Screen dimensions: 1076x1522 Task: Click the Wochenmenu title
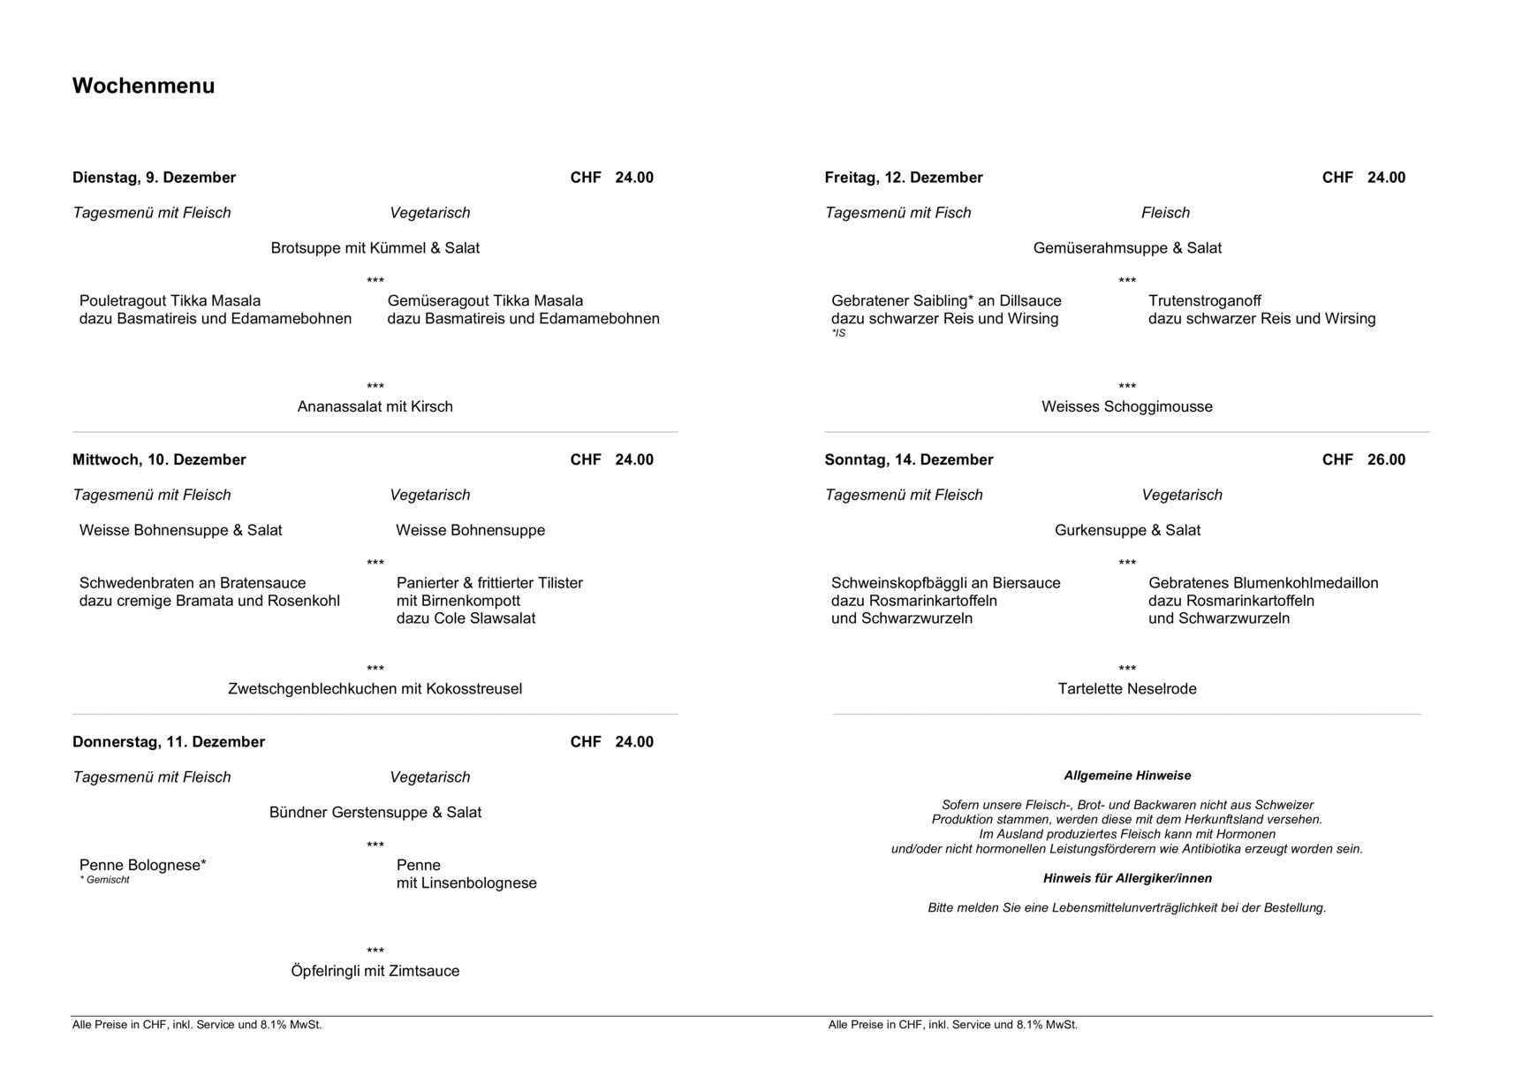(x=143, y=86)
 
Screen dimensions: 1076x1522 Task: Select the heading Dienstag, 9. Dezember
(x=154, y=178)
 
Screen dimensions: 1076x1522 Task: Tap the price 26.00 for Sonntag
(x=1385, y=459)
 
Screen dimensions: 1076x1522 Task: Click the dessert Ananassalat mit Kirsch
(x=375, y=406)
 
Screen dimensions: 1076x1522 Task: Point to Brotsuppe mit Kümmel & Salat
(x=375, y=248)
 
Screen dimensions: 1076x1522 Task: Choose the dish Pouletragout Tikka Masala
(x=170, y=301)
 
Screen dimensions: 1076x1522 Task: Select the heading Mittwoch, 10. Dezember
(x=159, y=459)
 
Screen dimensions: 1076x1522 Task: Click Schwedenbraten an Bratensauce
(x=193, y=583)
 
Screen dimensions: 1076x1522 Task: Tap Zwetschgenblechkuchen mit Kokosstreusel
(x=375, y=689)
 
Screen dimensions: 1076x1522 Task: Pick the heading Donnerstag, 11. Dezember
(x=168, y=742)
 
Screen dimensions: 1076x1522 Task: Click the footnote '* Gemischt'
(x=104, y=880)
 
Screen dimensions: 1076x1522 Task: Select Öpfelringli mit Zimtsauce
(x=375, y=971)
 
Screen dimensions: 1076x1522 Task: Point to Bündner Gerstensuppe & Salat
(x=375, y=813)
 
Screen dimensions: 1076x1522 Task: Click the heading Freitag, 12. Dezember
(x=903, y=178)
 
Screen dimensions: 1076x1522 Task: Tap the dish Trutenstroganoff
(x=1204, y=301)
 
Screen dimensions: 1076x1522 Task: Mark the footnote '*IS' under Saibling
(x=837, y=333)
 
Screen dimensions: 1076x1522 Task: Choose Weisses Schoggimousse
(x=1126, y=406)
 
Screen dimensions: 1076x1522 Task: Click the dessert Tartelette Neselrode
(x=1126, y=689)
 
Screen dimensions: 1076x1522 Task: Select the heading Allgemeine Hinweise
(x=1126, y=776)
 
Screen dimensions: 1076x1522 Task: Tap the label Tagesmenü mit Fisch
(x=897, y=213)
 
